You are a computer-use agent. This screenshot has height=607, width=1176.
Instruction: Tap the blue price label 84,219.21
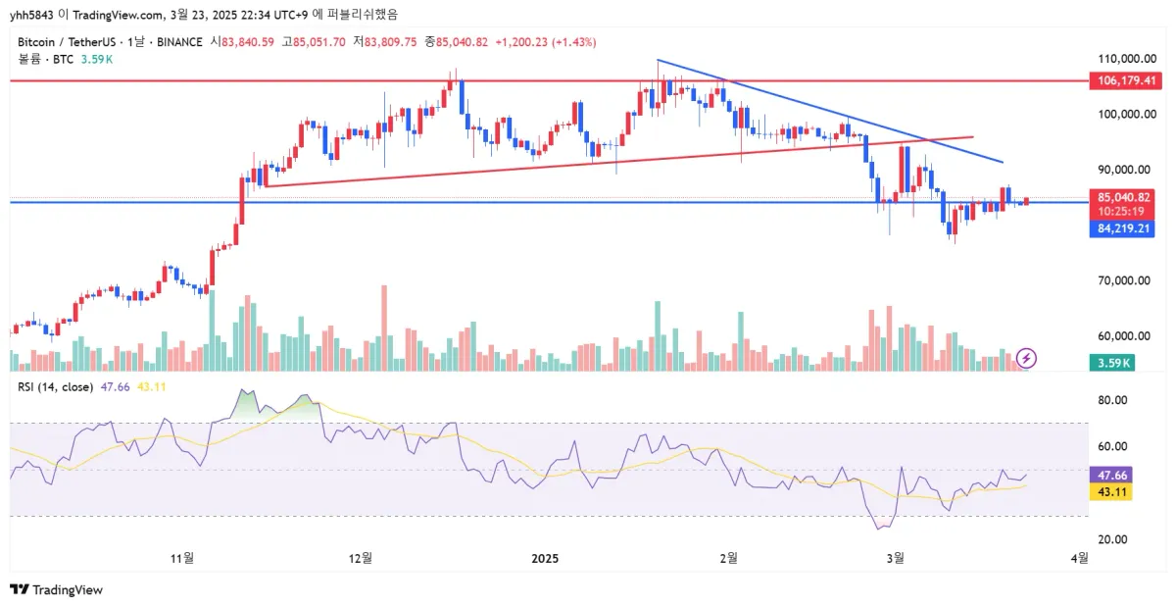coord(1123,228)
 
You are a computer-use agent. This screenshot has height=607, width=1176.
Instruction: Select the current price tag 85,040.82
coord(1123,197)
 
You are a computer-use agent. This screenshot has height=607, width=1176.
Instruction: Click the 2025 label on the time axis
coord(545,558)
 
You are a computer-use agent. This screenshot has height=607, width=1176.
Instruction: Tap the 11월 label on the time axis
coord(182,558)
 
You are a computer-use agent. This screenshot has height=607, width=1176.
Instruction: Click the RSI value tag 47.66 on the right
coord(1111,473)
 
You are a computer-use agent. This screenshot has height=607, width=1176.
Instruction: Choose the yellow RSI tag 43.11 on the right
coord(1111,492)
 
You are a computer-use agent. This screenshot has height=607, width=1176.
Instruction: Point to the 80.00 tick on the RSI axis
coord(1110,400)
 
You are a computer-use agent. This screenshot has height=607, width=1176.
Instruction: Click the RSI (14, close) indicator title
coord(55,387)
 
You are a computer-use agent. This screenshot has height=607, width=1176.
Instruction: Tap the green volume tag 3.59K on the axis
coord(1111,363)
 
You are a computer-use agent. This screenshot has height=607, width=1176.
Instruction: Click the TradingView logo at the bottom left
coord(56,589)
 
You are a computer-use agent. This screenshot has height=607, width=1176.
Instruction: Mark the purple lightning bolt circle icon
coord(1026,357)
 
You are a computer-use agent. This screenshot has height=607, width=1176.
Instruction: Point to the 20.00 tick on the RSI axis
coord(1110,539)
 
